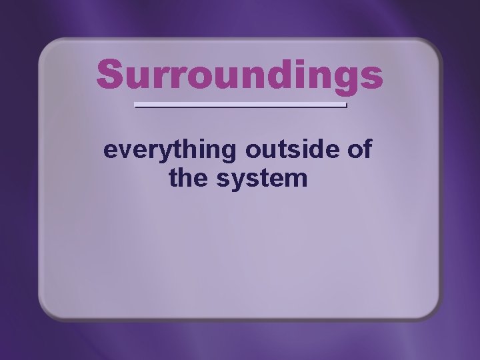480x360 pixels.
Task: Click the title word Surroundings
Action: (239, 75)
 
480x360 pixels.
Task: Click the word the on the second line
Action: (187, 179)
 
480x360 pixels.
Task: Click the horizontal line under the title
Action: (241, 105)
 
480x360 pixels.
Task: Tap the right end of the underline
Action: (346, 105)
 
